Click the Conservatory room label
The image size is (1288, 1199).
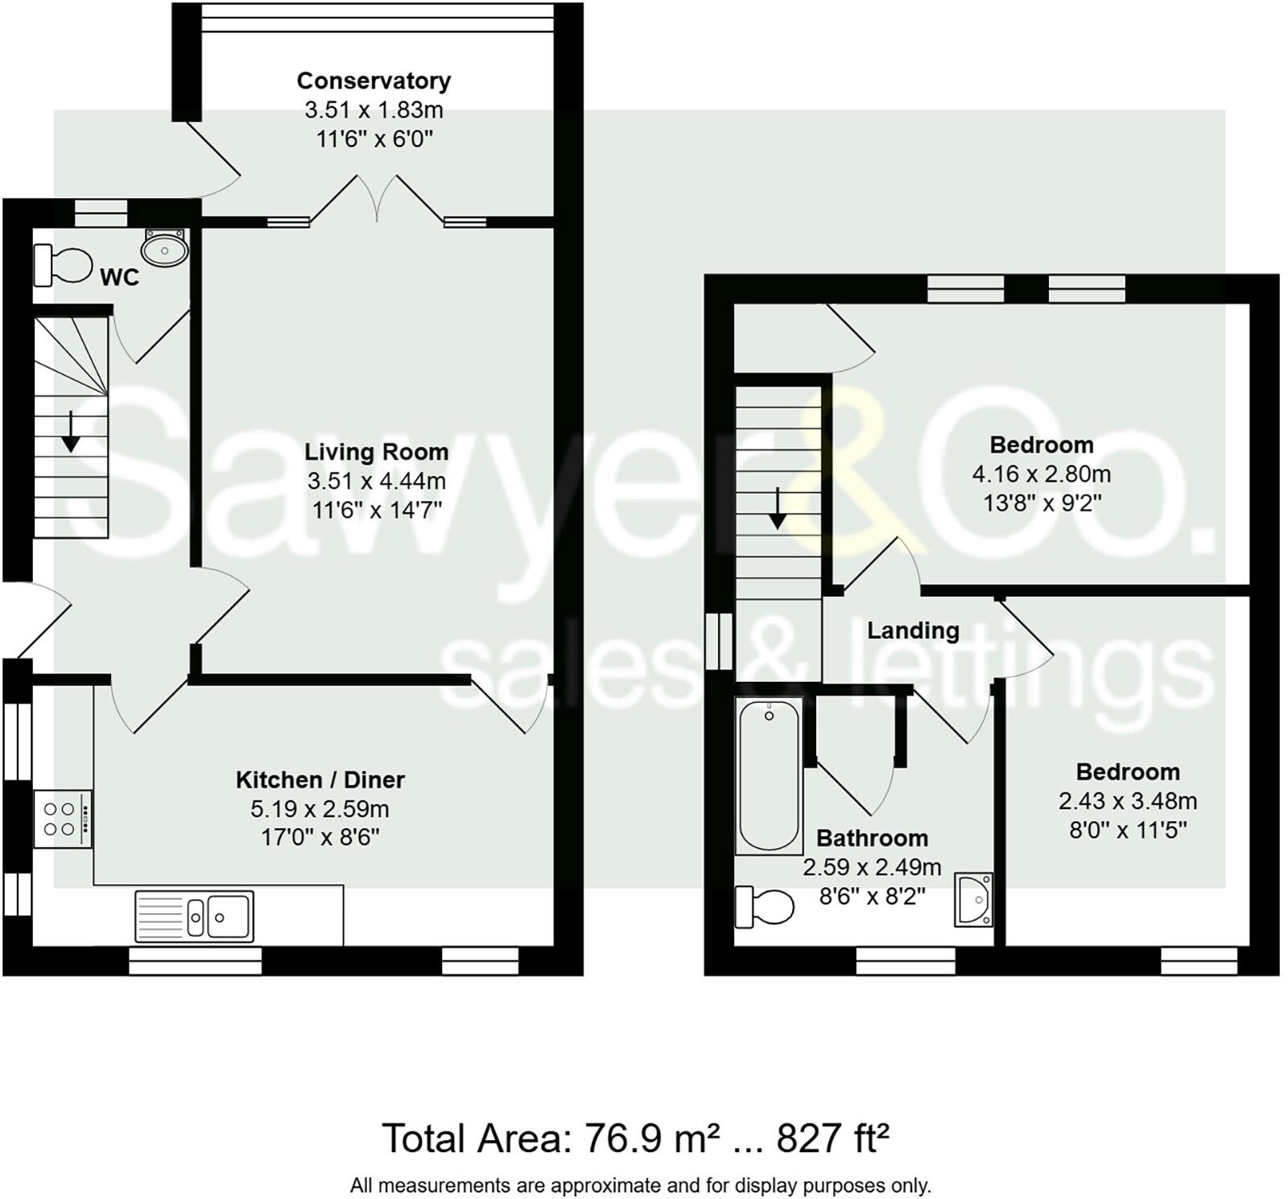[374, 81]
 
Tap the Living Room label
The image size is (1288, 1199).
[376, 452]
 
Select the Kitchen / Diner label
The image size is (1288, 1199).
[320, 779]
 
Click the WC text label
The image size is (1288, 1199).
[119, 277]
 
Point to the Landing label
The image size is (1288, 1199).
[913, 631]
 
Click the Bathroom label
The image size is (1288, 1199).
[872, 838]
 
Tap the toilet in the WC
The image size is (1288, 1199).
[63, 265]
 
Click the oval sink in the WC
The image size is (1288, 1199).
[165, 247]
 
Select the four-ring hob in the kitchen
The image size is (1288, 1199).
[63, 818]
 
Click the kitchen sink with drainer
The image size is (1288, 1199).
[194, 916]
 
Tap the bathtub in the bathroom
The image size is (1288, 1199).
[769, 775]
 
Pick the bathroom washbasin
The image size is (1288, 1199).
[974, 899]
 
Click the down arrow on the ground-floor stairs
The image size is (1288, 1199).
[71, 432]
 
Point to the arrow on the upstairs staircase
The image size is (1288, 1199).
[778, 508]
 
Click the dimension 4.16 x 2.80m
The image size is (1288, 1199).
[1042, 473]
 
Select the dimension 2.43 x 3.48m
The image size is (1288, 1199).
[1128, 801]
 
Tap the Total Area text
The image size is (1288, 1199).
[636, 1139]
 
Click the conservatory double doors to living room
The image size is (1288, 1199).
[377, 198]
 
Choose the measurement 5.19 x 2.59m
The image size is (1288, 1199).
[320, 808]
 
